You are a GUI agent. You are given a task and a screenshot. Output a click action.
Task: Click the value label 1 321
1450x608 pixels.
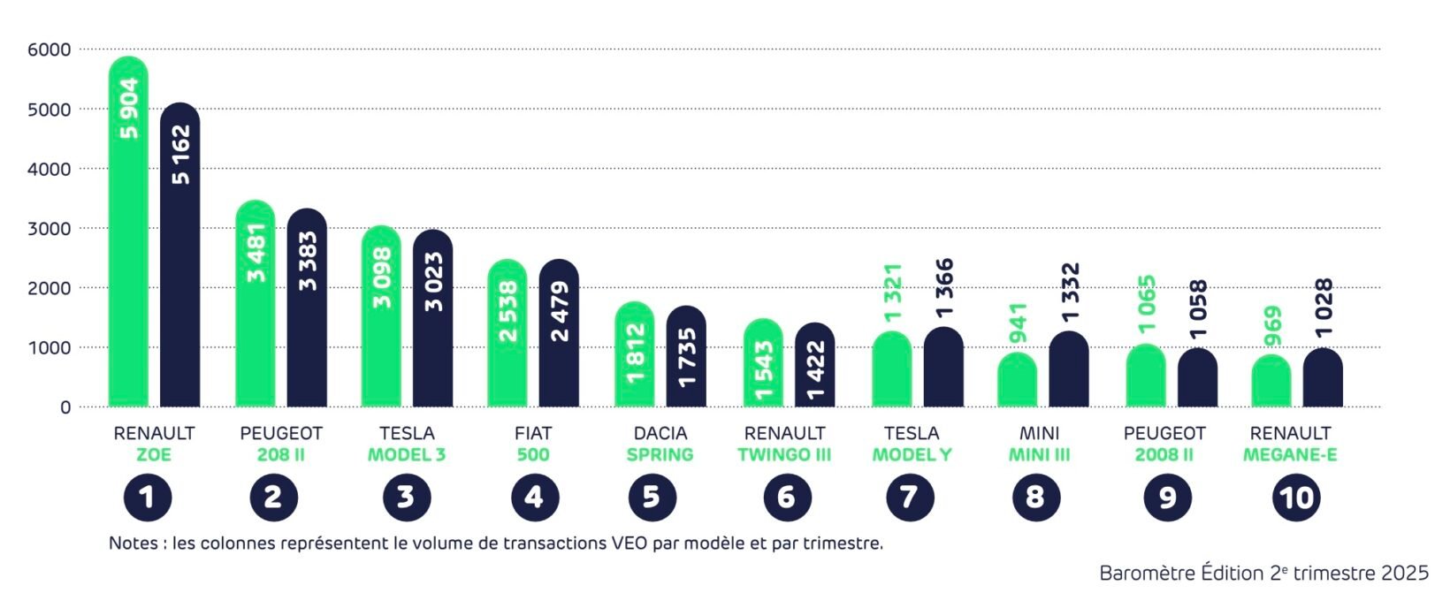(x=892, y=293)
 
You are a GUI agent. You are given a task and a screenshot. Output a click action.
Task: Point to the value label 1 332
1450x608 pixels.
(x=1071, y=292)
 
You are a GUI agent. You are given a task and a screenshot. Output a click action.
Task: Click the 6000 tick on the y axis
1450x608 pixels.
(x=49, y=50)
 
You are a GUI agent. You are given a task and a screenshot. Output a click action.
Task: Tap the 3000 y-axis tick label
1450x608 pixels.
(x=49, y=229)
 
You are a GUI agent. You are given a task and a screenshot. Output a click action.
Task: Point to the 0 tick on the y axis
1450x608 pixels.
(x=65, y=408)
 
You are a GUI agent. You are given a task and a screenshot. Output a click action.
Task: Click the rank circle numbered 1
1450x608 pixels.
(x=147, y=498)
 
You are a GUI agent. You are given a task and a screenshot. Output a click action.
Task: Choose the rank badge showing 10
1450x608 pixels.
(x=1296, y=498)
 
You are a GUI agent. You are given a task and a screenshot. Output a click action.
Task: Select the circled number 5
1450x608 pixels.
(x=652, y=498)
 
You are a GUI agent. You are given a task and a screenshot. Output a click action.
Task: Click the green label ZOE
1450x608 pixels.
(x=154, y=455)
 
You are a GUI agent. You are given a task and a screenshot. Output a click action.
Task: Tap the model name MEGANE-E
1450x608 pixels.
(x=1290, y=455)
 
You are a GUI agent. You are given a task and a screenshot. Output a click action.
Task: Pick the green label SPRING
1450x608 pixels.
(x=660, y=455)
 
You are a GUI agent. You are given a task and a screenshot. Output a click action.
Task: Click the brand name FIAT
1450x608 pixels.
(x=533, y=433)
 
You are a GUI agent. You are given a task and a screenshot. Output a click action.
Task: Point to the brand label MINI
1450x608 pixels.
(x=1039, y=433)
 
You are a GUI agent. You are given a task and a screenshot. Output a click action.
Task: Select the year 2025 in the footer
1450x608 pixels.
(x=1404, y=574)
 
